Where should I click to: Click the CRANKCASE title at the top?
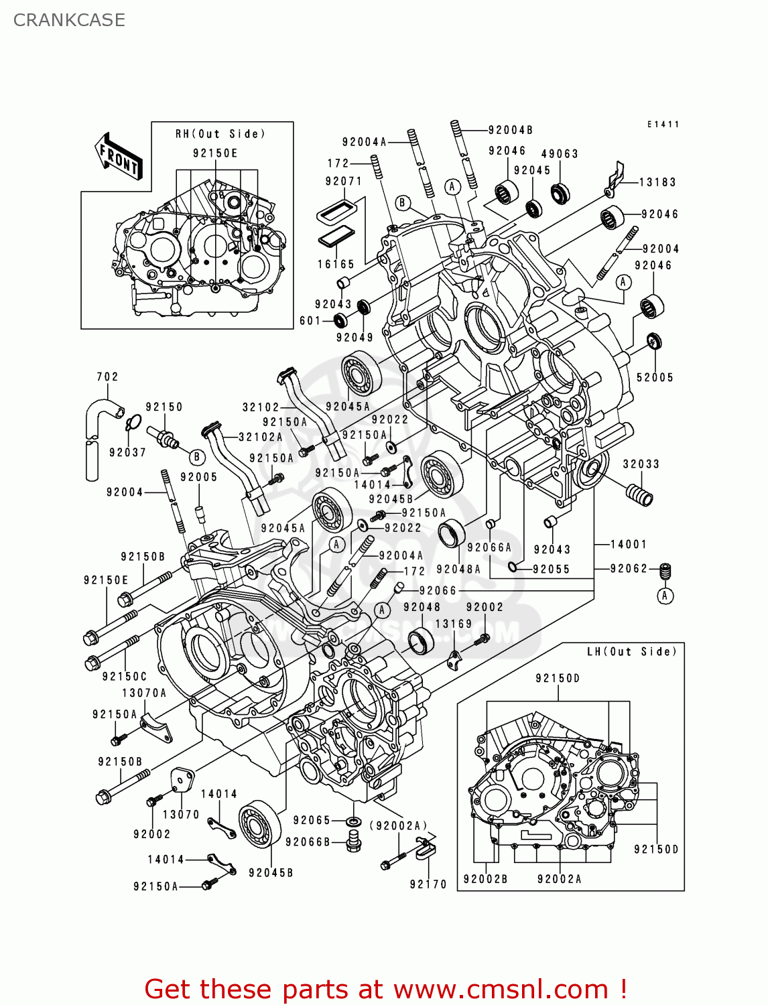[69, 20]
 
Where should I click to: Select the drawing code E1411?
[663, 125]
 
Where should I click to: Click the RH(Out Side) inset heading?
[220, 134]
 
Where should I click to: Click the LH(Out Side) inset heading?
[632, 652]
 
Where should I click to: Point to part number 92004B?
[511, 131]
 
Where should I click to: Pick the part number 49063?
[560, 154]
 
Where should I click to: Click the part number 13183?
[657, 182]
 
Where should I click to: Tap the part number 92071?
[344, 182]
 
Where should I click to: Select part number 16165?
[336, 265]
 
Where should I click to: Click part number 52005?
[655, 378]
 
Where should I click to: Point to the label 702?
[107, 377]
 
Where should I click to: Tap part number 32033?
[641, 464]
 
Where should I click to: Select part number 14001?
[629, 545]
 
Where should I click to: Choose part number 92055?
[551, 569]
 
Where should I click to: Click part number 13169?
[454, 624]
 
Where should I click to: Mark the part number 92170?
[428, 884]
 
